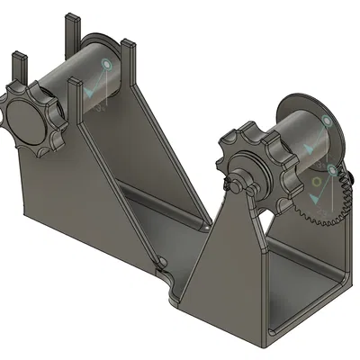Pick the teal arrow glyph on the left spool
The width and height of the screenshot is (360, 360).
(x=91, y=91)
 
